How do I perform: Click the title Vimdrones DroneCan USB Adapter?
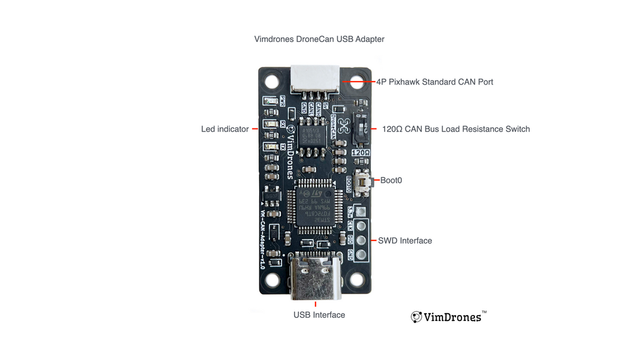(x=319, y=39)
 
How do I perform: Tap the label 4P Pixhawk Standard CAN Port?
(x=434, y=82)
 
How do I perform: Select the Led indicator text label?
(x=225, y=129)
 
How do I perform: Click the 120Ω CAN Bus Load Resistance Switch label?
(x=456, y=129)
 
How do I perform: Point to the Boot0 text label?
(x=391, y=180)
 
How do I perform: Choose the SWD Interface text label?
(x=405, y=240)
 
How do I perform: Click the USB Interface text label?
(x=319, y=315)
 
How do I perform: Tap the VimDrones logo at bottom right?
(x=448, y=317)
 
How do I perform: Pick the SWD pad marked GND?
(x=361, y=255)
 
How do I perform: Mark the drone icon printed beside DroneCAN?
(x=343, y=125)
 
